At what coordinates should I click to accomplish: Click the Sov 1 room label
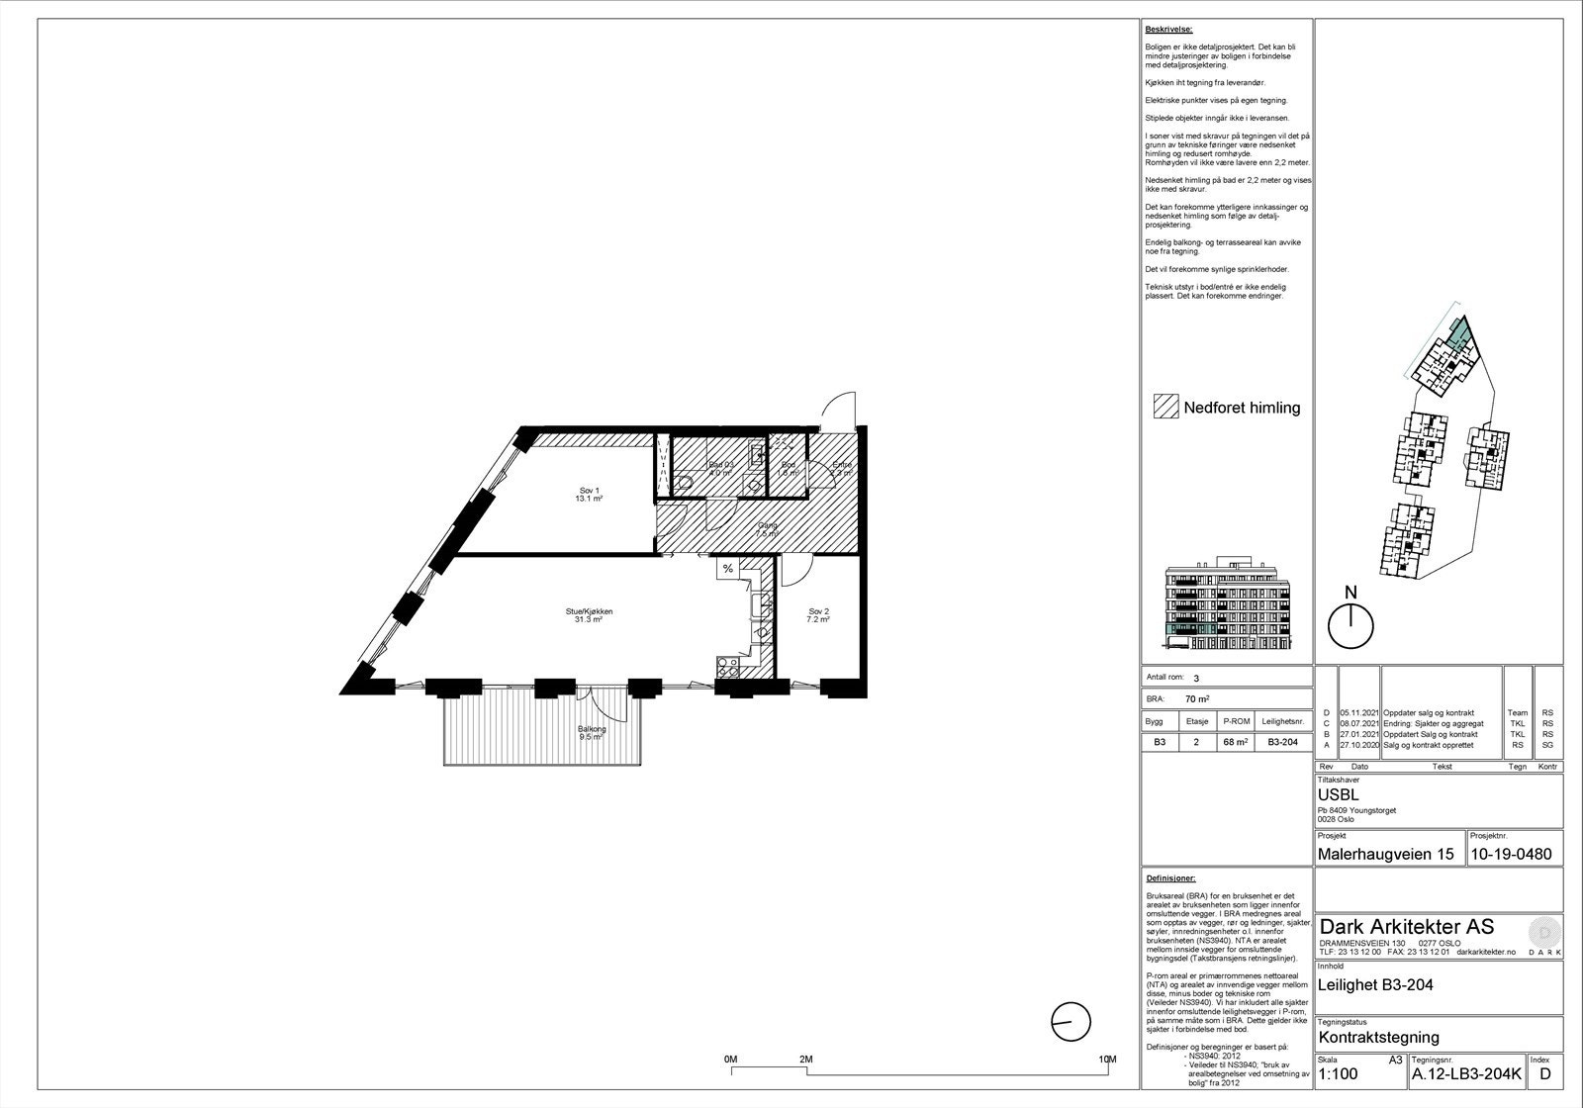point(590,495)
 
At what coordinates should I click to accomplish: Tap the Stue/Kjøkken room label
point(589,615)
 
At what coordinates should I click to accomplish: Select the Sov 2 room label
point(818,615)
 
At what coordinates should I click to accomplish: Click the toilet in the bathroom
point(687,483)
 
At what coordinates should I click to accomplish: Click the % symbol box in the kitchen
point(727,569)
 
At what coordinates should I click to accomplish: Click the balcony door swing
point(602,703)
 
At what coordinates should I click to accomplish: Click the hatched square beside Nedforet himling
point(1166,408)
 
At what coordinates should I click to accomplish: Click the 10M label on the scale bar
point(1106,1060)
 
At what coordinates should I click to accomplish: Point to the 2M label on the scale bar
point(806,1060)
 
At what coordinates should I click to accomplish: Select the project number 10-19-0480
point(1511,855)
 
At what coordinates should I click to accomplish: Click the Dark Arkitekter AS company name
point(1406,927)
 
